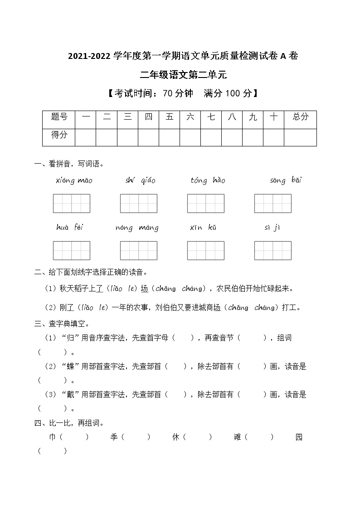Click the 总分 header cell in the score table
coord(300,117)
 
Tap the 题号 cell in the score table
coord(59,117)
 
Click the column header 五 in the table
coord(170,117)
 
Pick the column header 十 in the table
coord(273,117)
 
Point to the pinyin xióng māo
coord(74,181)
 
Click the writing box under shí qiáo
coord(138,203)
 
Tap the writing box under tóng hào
coord(205,203)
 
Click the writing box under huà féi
coord(72,250)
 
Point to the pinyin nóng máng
coord(137,228)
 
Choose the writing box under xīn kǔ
coord(205,250)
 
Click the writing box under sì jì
coord(272,250)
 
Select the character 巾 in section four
coord(52,437)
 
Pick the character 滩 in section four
coord(237,437)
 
